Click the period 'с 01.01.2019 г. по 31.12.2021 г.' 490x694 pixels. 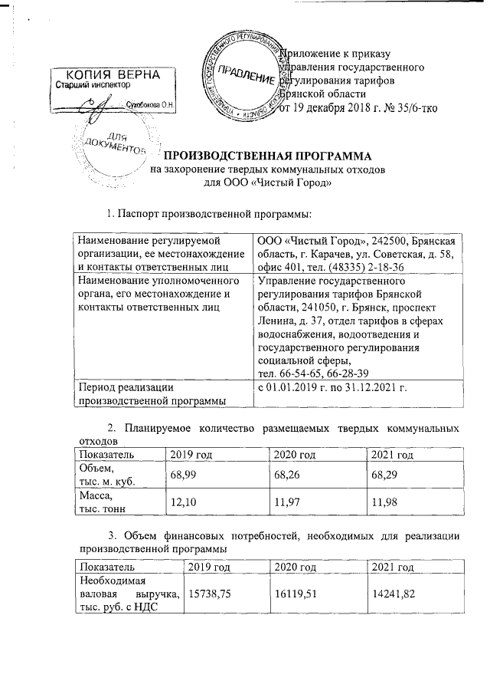[x=332, y=393]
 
